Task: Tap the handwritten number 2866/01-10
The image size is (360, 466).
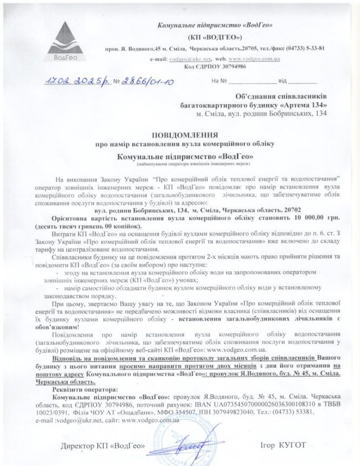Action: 146,81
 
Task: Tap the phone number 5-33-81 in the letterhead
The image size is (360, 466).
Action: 313,48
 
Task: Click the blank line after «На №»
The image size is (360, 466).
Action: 252,82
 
